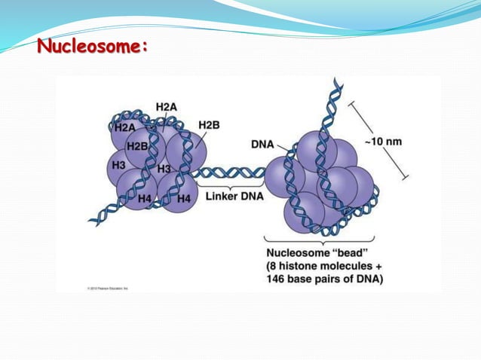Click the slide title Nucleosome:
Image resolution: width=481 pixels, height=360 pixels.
(x=92, y=47)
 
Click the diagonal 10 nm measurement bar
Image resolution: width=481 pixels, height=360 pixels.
(x=379, y=140)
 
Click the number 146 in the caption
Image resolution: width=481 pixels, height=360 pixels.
(x=277, y=279)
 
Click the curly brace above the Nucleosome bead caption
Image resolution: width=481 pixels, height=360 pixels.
(x=324, y=238)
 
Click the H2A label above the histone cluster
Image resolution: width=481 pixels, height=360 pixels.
(x=166, y=108)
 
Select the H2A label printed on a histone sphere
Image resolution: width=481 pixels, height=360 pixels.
(x=124, y=129)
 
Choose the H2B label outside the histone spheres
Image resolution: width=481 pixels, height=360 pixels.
(x=210, y=125)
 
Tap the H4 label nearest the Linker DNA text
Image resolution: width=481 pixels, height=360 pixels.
(x=183, y=199)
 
